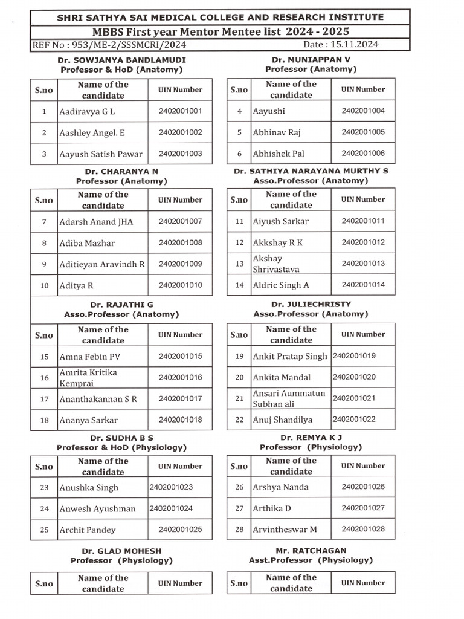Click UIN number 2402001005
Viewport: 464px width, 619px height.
[362, 132]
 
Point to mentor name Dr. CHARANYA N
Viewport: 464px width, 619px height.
[121, 172]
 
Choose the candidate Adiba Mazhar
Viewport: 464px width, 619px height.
[87, 243]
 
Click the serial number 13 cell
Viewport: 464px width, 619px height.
[239, 264]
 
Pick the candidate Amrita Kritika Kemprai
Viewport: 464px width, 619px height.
[88, 378]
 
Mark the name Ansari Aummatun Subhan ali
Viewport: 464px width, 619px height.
[289, 398]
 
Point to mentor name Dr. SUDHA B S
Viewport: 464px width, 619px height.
[121, 438]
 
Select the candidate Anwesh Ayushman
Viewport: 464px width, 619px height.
[97, 509]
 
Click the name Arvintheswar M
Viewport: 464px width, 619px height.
[285, 530]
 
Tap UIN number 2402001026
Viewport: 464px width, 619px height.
[362, 487]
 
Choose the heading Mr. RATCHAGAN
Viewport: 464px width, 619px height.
[311, 551]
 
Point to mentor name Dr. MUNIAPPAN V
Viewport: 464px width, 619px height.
[311, 60]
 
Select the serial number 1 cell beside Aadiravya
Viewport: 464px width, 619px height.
[44, 112]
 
